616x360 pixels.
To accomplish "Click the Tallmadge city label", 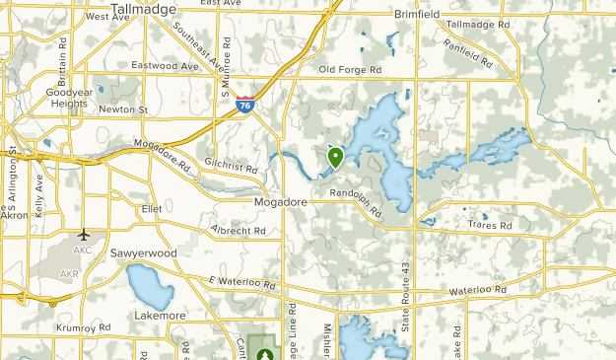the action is click(x=143, y=9).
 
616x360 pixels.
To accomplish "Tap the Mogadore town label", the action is click(x=281, y=201).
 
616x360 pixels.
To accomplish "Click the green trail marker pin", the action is click(x=335, y=157).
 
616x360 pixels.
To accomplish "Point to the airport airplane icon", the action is click(x=84, y=235).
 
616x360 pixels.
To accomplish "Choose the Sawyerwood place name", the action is click(x=144, y=252).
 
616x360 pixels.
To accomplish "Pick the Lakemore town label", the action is click(x=160, y=315).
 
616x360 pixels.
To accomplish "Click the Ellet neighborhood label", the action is click(x=151, y=209).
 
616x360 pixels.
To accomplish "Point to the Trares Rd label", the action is click(x=492, y=226).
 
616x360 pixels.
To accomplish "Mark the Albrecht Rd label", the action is click(x=239, y=231).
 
